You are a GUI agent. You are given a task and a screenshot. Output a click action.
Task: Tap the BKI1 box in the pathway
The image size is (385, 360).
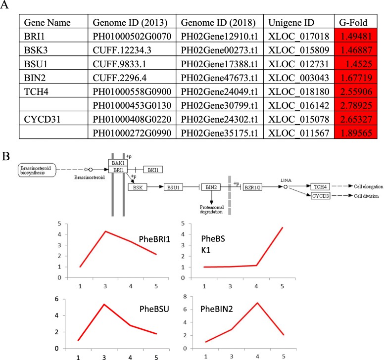coord(152,170)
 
